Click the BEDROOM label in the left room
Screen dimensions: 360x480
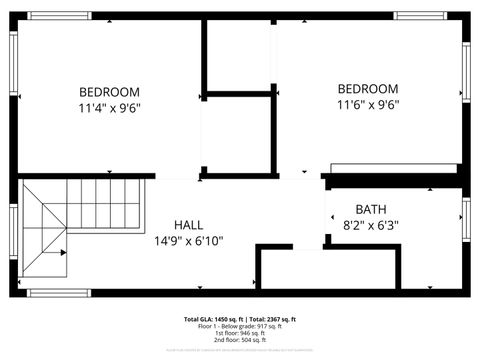tap(110, 91)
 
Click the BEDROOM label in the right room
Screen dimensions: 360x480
tap(368, 88)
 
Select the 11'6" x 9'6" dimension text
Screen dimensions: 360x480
tap(368, 104)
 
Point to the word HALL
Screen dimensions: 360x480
tap(189, 224)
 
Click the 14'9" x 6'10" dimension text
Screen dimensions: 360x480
tap(189, 240)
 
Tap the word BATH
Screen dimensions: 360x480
tap(371, 209)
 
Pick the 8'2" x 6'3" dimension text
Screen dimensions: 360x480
tap(371, 225)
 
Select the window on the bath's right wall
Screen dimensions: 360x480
tap(466, 217)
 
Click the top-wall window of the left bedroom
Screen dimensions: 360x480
tap(58, 16)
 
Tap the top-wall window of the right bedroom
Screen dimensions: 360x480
tap(419, 16)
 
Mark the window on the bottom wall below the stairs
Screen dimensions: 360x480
tap(58, 293)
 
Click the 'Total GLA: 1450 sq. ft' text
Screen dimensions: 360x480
tap(213, 319)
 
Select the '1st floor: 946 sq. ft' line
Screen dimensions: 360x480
tap(240, 333)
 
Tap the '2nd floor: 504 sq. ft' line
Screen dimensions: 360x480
tap(240, 340)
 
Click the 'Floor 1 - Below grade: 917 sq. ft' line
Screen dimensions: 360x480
tap(240, 326)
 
